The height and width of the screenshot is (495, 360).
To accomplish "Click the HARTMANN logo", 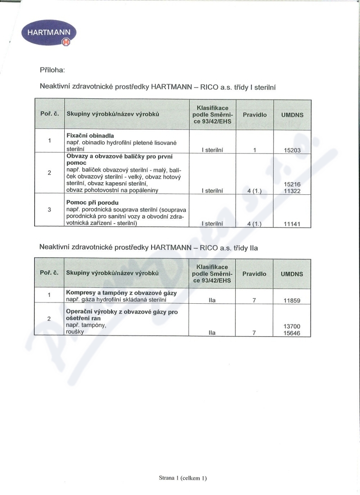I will pyautogui.click(x=49, y=33).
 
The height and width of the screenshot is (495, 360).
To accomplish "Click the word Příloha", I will pyautogui.click(x=53, y=70).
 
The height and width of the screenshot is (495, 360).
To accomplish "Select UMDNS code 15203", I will pyautogui.click(x=292, y=150).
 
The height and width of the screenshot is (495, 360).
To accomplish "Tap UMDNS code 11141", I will pyautogui.click(x=292, y=224).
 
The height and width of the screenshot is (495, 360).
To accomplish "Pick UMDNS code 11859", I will pyautogui.click(x=292, y=300).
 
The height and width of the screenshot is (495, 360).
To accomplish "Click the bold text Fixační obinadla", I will pyautogui.click(x=90, y=135).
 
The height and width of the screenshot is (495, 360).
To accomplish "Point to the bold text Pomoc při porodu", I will pyautogui.click(x=92, y=203).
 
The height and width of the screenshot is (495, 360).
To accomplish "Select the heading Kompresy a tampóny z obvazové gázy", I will pyautogui.click(x=121, y=292).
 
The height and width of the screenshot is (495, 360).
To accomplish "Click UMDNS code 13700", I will pyautogui.click(x=292, y=326).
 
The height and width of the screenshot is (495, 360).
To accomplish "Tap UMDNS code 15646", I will pyautogui.click(x=292, y=333).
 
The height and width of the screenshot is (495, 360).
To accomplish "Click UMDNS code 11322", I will pyautogui.click(x=292, y=191).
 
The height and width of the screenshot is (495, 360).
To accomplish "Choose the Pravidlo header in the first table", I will pyautogui.click(x=255, y=115).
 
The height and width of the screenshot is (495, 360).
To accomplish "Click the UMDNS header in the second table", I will pyautogui.click(x=292, y=274).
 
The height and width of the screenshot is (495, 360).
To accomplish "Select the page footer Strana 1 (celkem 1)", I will pyautogui.click(x=183, y=478).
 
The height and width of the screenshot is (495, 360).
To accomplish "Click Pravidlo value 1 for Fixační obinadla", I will pyautogui.click(x=255, y=150).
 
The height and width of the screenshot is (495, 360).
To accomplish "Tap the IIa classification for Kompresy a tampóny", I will pyautogui.click(x=212, y=300).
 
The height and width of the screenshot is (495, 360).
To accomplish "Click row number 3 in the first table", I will pyautogui.click(x=49, y=210).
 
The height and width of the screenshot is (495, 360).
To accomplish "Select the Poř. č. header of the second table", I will pyautogui.click(x=49, y=273).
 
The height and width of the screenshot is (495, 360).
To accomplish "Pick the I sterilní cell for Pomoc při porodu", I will pyautogui.click(x=212, y=224).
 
